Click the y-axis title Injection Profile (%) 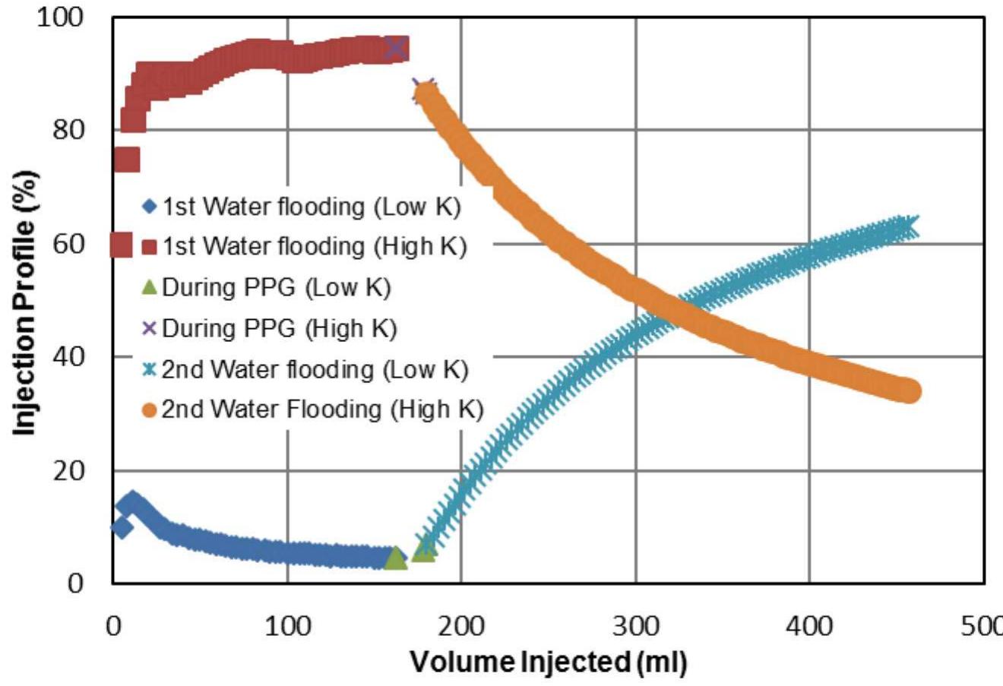24,302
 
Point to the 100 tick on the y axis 62,17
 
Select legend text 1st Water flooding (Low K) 312,207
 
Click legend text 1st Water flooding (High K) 314,246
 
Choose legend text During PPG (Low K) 276,287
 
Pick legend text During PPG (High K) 279,328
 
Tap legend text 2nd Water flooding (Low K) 315,369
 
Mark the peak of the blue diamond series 132,502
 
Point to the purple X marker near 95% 395,48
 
